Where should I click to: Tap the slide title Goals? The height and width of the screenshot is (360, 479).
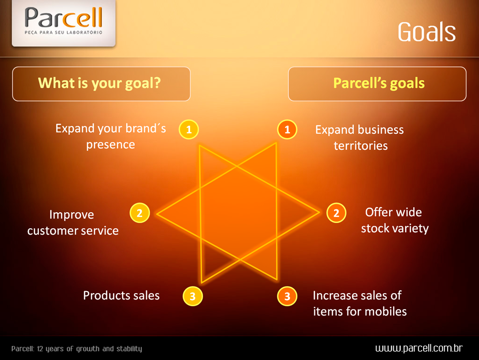[x=427, y=32]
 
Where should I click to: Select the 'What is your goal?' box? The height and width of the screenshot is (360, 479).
[x=101, y=84]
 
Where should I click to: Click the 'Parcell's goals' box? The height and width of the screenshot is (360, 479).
[x=377, y=84]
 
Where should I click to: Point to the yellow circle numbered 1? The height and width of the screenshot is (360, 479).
[x=189, y=129]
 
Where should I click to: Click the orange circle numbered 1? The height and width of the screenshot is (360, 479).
[x=287, y=129]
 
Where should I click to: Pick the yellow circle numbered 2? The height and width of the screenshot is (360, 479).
[x=140, y=213]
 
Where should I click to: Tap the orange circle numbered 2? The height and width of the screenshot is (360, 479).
[x=336, y=213]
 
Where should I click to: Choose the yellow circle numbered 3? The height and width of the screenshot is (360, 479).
[x=193, y=296]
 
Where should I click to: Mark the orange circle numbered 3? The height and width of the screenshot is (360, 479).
[x=287, y=296]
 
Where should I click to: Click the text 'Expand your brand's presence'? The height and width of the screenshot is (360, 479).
[x=111, y=136]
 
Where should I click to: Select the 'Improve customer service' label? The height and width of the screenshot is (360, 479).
[x=73, y=223]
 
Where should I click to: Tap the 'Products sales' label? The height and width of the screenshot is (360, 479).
[x=121, y=296]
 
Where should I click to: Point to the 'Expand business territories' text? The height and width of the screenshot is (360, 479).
[x=360, y=137]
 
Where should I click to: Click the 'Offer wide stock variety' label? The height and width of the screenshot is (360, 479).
[x=395, y=220]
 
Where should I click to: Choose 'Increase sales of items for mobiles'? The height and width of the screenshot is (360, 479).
[x=360, y=304]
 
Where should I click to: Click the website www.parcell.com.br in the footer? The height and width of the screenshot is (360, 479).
[x=419, y=348]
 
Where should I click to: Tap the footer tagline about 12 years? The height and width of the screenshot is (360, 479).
[x=77, y=349]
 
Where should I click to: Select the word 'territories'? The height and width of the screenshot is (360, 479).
[x=361, y=146]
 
